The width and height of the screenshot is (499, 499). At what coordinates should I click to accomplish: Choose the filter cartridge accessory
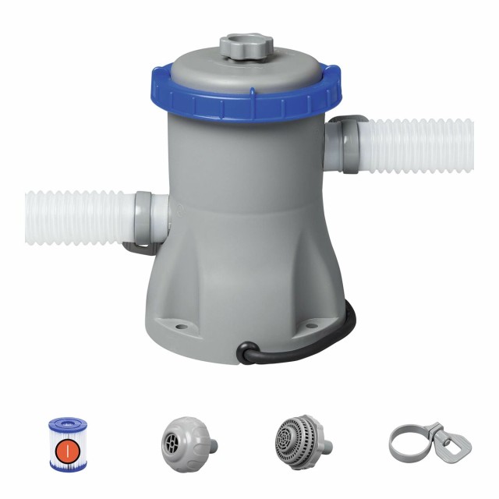pyautogui.click(x=68, y=444)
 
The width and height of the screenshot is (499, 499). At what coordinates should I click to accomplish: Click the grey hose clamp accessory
pyautogui.click(x=418, y=441)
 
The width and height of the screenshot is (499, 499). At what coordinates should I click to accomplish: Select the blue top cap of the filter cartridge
pyautogui.click(x=67, y=425)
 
